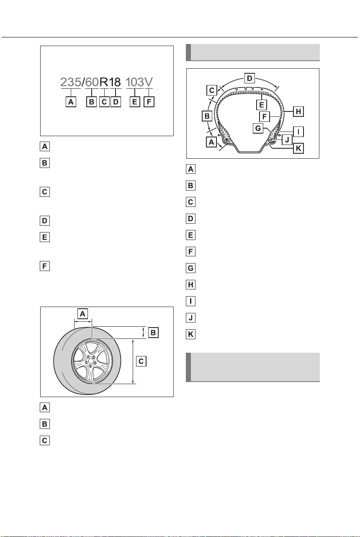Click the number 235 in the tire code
tap(71, 82)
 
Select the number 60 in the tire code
tap(92, 82)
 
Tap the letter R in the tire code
tap(104, 82)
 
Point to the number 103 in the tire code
tap(135, 82)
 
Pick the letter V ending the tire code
tap(149, 82)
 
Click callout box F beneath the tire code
tap(149, 102)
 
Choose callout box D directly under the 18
tap(116, 102)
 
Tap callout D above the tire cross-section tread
tap(249, 78)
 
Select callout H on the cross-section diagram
tap(298, 111)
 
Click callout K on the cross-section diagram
tap(298, 148)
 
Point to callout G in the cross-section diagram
tap(258, 128)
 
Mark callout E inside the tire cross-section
tap(261, 105)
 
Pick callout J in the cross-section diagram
tap(287, 139)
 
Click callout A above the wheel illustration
tap(82, 314)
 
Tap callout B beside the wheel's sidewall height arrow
tap(153, 333)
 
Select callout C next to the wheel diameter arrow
tap(141, 361)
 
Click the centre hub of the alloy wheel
tap(91, 361)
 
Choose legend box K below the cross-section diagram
tap(190, 334)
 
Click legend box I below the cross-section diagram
tap(190, 301)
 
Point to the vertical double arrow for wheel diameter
tap(133, 361)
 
